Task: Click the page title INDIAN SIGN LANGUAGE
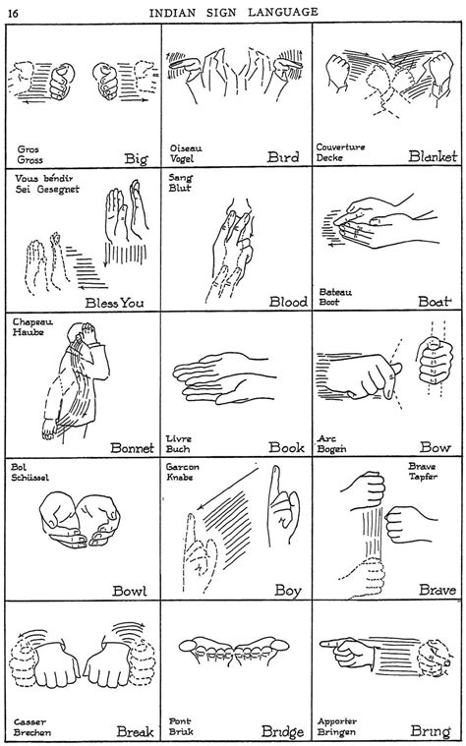[x=234, y=11]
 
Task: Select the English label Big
[x=137, y=157]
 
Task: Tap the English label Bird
[x=284, y=157]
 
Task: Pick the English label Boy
[x=287, y=592]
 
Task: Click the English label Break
[x=134, y=731]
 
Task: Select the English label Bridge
[x=281, y=732]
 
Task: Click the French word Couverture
[x=339, y=146]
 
